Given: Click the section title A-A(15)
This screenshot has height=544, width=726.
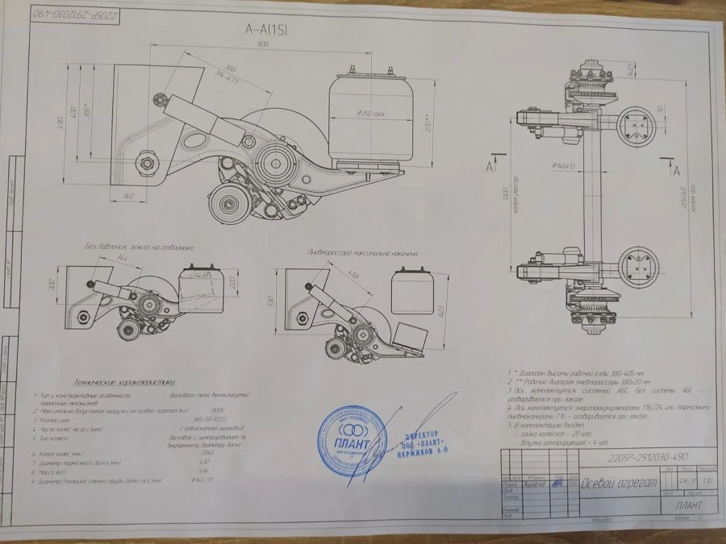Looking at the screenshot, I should point(266,30).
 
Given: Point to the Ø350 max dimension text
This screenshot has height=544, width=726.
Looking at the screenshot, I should point(371,114).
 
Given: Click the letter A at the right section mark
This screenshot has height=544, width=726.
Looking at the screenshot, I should point(676,171).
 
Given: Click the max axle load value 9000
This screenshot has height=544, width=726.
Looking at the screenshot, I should point(217,409).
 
